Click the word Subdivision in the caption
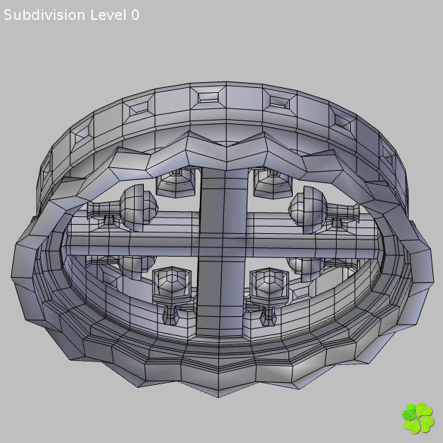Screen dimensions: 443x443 (45, 15)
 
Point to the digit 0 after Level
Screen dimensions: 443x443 (135, 15)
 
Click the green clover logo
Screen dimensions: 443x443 (417, 418)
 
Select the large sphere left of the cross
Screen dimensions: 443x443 (137, 206)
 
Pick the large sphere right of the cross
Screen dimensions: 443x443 (306, 208)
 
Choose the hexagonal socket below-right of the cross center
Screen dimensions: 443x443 (268, 286)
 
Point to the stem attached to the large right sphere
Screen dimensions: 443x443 (343, 211)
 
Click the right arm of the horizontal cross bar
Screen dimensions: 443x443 (319, 245)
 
